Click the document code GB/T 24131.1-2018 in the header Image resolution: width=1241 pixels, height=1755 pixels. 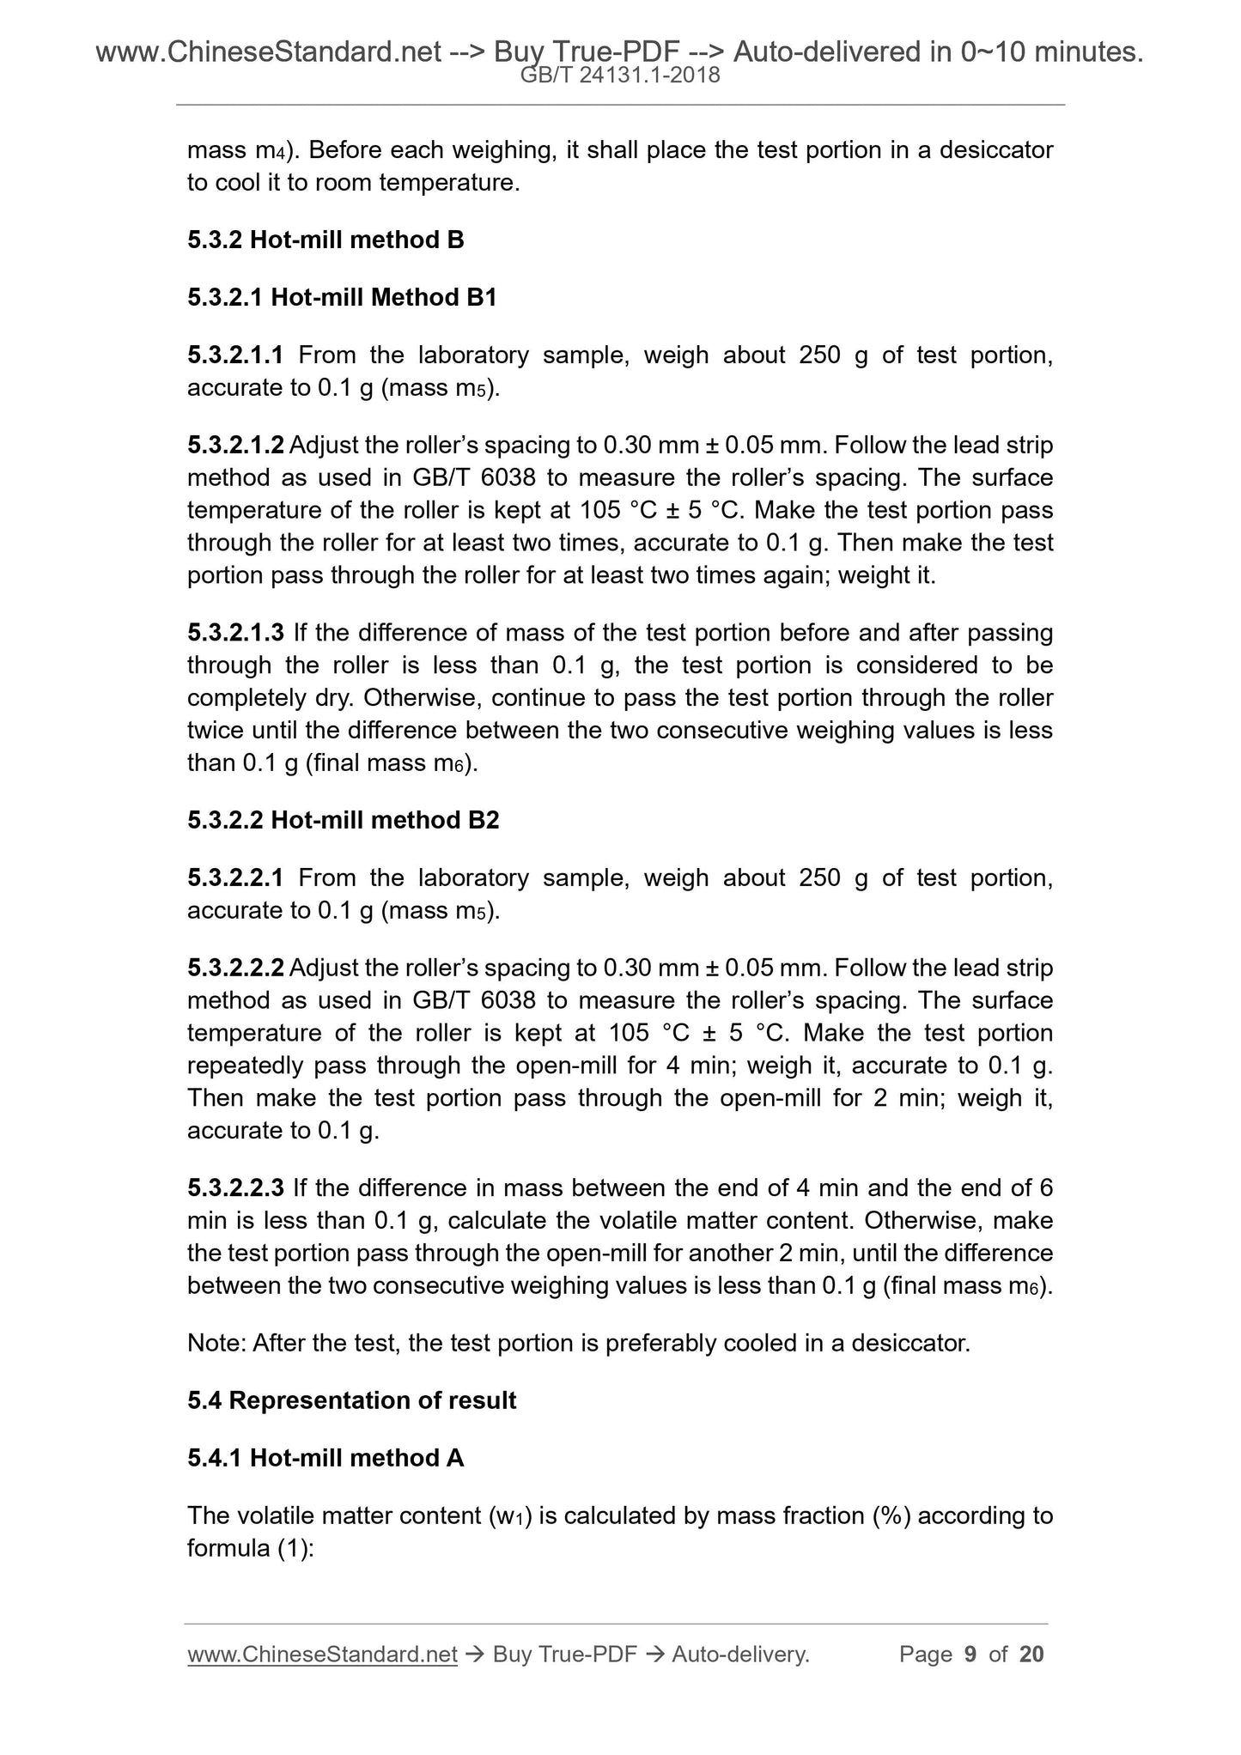point(620,76)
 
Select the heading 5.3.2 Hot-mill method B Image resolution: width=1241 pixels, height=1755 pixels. point(325,240)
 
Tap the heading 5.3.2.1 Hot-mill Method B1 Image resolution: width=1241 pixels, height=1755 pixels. point(342,297)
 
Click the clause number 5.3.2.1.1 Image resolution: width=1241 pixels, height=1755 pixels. point(235,355)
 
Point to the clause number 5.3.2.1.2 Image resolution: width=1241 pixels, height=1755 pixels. point(235,446)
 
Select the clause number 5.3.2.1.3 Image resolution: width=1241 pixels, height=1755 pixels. point(235,633)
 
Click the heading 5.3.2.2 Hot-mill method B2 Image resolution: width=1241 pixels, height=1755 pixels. point(343,820)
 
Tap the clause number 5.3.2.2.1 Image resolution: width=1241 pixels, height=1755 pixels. point(235,877)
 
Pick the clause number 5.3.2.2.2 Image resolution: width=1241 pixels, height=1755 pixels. point(235,968)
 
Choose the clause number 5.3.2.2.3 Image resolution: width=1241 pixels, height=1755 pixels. point(235,1187)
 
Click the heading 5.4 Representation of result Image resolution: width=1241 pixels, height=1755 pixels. point(351,1400)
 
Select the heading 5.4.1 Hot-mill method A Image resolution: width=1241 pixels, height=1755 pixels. point(325,1458)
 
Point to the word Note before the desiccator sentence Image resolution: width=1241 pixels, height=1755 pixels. point(216,1343)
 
